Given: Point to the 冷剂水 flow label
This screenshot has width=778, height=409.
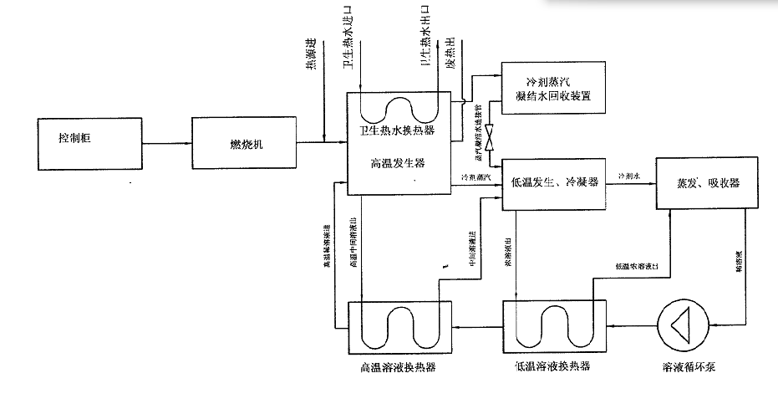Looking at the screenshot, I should tap(629, 176).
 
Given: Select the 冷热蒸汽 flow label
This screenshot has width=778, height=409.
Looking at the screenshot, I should tap(475, 177).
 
